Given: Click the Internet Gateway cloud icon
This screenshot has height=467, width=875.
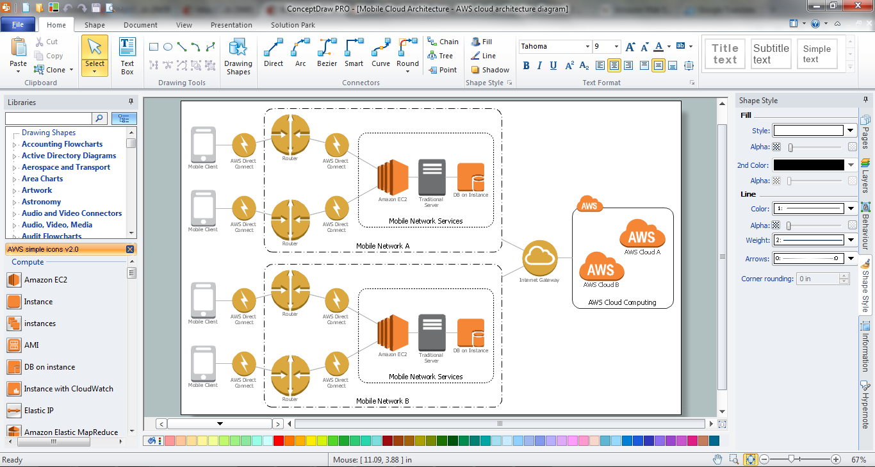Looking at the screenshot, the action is tap(540, 258).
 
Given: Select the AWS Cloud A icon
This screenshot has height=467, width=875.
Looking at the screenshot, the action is tap(642, 234).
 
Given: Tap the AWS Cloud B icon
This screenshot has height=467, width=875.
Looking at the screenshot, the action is tap(601, 266).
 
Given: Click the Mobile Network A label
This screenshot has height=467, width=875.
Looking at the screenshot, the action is tap(382, 246).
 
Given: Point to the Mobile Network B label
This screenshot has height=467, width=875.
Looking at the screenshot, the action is tap(382, 401).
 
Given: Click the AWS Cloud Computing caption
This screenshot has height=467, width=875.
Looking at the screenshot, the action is tap(622, 302).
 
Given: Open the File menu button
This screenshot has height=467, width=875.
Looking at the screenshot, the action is tap(18, 24).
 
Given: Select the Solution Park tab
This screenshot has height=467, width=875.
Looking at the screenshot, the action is tap(293, 25).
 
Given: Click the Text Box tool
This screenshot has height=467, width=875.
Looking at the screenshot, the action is tap(127, 56).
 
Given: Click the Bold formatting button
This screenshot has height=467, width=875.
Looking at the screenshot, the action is tap(526, 65).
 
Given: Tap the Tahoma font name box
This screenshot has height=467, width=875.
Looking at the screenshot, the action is tap(554, 47).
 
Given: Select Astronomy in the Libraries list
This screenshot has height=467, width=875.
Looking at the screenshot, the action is tap(42, 202).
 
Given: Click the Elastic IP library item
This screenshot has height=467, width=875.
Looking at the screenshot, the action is tap(38, 411).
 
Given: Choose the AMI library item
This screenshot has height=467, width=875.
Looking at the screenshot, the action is tap(31, 345).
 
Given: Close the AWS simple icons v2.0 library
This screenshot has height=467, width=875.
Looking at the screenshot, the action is tap(130, 249).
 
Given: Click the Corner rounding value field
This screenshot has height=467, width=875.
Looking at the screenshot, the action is tap(818, 279).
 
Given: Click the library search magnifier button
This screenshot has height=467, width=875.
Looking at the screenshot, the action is tap(99, 118).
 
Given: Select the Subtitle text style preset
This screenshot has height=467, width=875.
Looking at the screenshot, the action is tap(771, 54).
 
